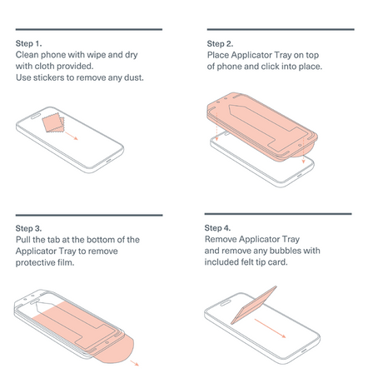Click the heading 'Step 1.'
click(28, 43)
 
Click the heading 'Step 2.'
click(220, 44)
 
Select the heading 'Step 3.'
click(28, 228)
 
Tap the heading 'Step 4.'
click(217, 228)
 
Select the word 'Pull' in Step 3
click(22, 240)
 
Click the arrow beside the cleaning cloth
click(72, 136)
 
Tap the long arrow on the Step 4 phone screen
click(270, 328)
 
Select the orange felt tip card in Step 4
click(254, 306)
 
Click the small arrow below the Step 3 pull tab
click(134, 363)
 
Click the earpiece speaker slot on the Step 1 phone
click(37, 116)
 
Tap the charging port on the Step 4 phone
click(304, 351)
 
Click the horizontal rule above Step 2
click(281, 29)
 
